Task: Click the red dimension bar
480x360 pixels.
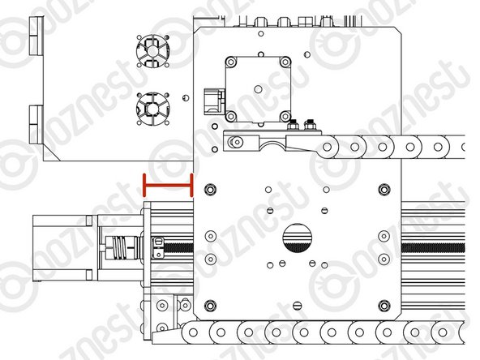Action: click(168, 185)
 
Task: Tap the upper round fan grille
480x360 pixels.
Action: click(152, 51)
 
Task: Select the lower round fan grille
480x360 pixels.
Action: click(152, 109)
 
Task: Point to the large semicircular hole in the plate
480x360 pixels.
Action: click(297, 238)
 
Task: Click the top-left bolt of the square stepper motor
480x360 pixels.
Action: click(231, 62)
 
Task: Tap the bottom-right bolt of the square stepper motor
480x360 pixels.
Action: click(285, 116)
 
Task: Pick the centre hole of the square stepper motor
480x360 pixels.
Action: click(259, 89)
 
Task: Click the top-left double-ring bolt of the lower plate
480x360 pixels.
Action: click(210, 190)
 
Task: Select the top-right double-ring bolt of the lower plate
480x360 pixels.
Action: click(384, 190)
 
